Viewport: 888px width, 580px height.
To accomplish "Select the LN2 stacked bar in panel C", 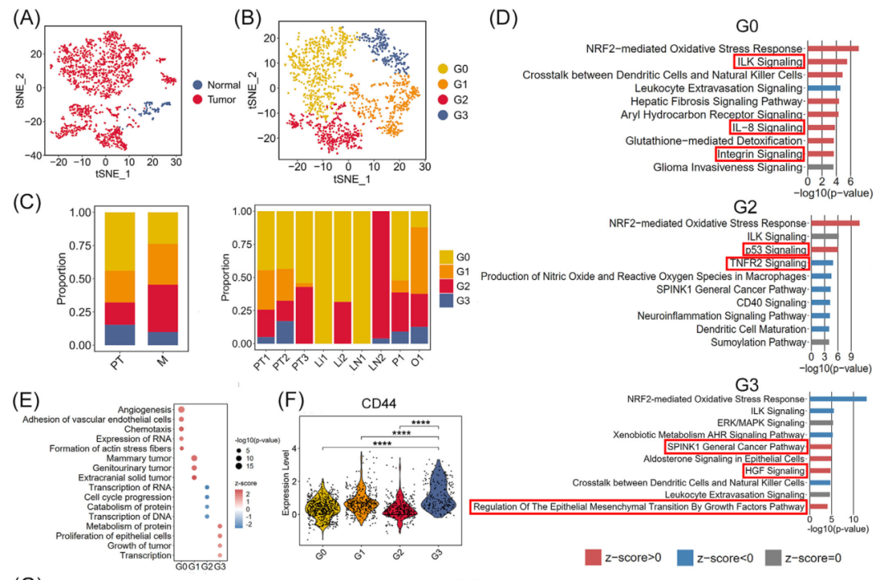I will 380,275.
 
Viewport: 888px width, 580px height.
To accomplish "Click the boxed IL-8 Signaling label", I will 765,127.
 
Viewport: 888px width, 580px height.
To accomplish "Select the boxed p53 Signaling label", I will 775,249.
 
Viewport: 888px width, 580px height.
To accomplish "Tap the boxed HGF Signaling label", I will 775,472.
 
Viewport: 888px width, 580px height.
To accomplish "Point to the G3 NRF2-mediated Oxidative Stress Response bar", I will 838,399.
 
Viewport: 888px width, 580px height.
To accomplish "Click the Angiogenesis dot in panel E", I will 181,409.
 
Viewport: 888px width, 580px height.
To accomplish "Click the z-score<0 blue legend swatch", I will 678,558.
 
